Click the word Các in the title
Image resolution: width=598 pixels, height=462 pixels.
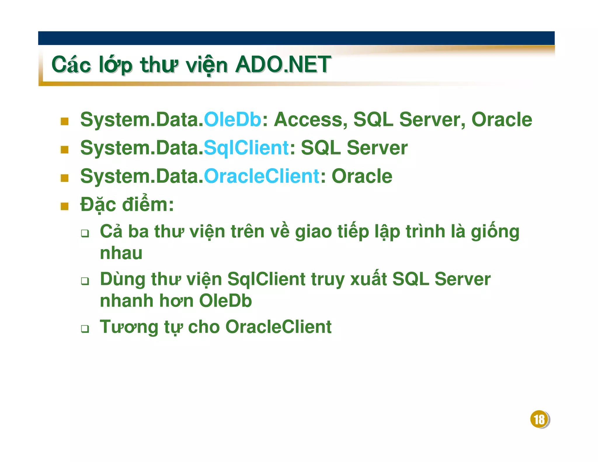[71, 65]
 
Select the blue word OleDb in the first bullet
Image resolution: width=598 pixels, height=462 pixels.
[232, 120]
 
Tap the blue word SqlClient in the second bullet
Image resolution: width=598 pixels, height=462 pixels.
[246, 148]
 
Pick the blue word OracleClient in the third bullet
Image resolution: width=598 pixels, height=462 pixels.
[261, 176]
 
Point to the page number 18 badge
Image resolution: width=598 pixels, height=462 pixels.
[539, 419]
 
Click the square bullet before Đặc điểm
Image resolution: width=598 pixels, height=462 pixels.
[65, 206]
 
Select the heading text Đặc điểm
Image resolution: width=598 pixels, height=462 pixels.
[127, 204]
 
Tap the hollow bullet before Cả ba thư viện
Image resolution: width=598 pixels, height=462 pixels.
[85, 233]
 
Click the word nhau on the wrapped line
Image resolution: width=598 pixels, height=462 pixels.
[121, 253]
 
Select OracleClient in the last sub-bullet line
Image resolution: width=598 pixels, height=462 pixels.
[278, 327]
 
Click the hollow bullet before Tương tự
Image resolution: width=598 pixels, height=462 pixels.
[85, 329]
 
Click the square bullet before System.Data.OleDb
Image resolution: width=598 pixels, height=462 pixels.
[65, 121]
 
